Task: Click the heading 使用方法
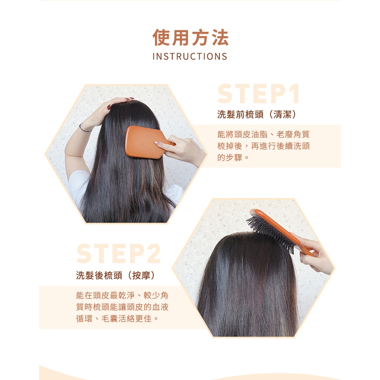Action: point(190,38)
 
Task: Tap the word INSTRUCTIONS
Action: point(190,56)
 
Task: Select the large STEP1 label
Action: point(258,94)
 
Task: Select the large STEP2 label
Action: point(118,254)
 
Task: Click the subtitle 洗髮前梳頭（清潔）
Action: point(257,114)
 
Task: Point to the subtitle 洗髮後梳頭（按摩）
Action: point(116,275)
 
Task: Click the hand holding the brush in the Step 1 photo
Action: point(181,150)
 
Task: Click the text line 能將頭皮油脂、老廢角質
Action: point(263,134)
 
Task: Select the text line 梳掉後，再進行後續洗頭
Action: point(263,146)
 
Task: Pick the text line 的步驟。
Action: point(233,157)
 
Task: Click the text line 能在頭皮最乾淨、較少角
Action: point(122,295)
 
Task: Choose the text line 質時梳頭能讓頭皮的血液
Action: point(122,307)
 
